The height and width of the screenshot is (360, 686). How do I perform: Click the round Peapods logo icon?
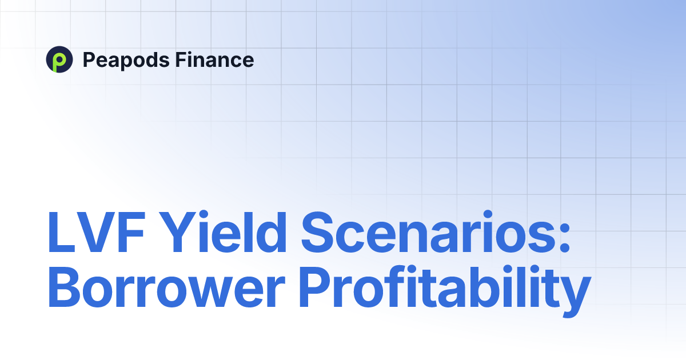[59, 60]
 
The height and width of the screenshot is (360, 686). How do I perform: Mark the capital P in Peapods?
[89, 59]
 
